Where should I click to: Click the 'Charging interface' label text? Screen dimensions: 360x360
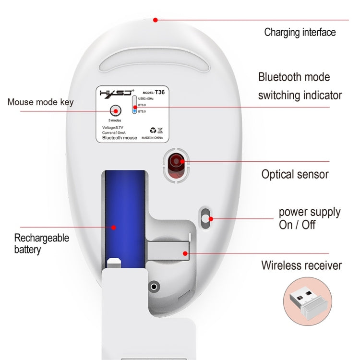click(x=300, y=33)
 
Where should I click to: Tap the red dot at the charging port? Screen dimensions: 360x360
click(x=155, y=20)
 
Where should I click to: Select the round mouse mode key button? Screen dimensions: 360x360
click(x=114, y=110)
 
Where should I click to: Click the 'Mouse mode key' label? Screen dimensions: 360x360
click(x=41, y=102)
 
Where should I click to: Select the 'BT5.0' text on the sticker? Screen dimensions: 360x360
click(x=143, y=112)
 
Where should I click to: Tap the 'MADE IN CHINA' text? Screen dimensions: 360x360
click(x=153, y=137)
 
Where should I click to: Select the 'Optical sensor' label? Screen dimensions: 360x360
click(x=295, y=174)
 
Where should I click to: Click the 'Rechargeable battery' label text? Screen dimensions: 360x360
click(x=41, y=243)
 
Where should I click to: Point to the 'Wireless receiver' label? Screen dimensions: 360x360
click(x=301, y=265)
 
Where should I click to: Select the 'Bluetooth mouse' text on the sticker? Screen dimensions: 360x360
click(x=120, y=138)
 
